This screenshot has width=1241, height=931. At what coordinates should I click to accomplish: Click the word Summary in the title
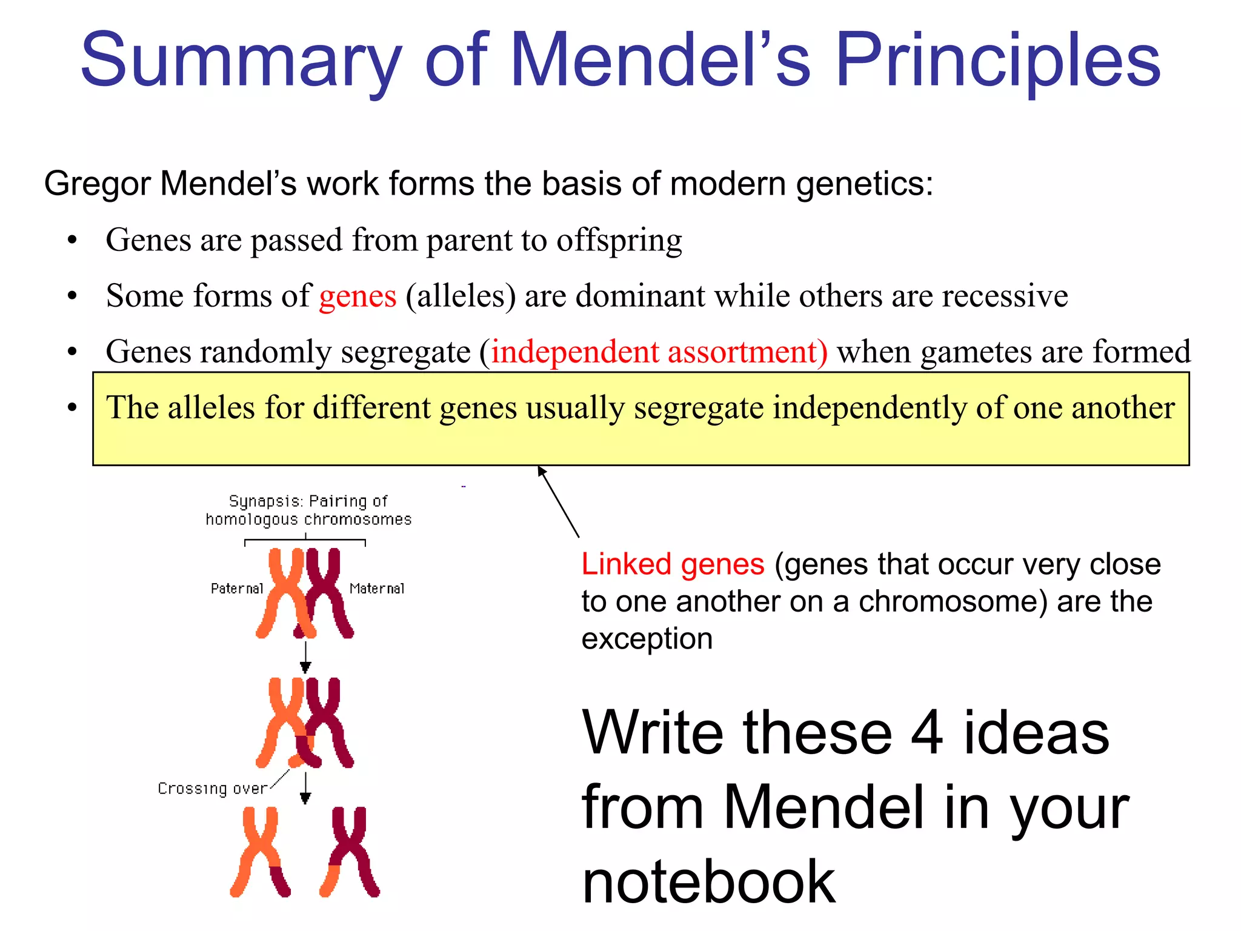click(241, 61)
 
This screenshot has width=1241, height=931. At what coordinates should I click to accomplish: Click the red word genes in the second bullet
click(358, 296)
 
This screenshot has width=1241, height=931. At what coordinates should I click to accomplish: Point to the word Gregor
click(97, 184)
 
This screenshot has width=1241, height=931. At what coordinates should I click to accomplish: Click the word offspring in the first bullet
click(619, 241)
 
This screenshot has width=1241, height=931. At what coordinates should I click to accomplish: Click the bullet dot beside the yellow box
click(72, 407)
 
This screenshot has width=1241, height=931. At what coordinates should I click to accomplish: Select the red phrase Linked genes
click(673, 564)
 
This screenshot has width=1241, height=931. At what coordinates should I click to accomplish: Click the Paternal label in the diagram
click(237, 589)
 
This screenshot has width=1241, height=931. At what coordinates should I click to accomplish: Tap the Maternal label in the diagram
click(377, 589)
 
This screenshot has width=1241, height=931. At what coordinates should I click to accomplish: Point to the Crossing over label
click(212, 789)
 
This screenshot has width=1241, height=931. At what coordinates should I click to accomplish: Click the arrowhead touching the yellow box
click(541, 471)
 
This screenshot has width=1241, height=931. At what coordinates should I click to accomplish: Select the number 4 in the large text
click(927, 733)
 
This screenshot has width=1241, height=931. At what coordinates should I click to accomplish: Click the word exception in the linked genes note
click(647, 639)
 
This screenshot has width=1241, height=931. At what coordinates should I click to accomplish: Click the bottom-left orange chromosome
click(259, 852)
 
